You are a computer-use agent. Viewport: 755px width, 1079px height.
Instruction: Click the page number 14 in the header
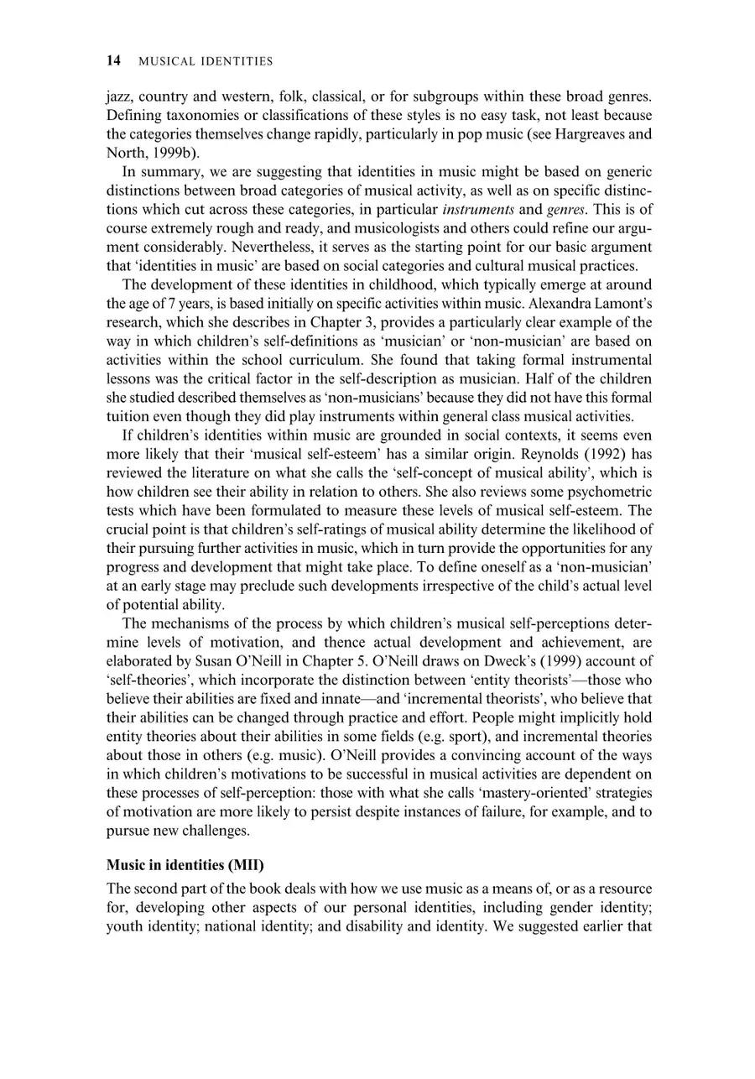pyautogui.click(x=114, y=60)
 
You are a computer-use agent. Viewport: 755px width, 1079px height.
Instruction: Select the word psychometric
pyautogui.click(x=612, y=491)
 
